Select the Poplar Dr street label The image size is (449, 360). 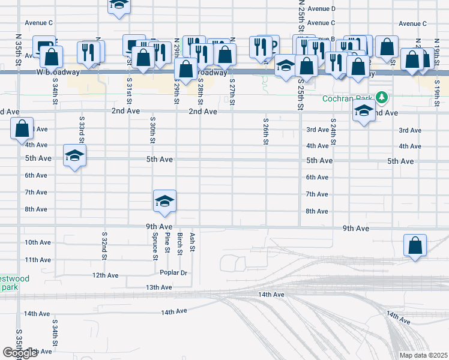tap(173, 272)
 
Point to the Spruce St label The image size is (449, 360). tap(155, 246)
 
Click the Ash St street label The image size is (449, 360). tap(192, 243)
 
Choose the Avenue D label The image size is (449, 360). tap(321, 9)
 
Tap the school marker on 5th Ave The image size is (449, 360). tap(74, 156)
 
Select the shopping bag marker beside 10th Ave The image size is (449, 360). tap(415, 245)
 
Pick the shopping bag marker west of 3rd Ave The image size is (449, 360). tap(22, 128)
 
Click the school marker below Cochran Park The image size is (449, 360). tap(363, 111)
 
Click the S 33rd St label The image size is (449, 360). tap(82, 133)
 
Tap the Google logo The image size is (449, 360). tap(20, 353)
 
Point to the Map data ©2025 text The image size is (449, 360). tap(423, 355)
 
